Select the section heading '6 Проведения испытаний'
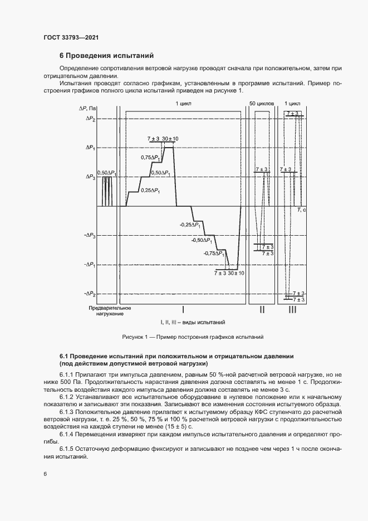click(x=106, y=56)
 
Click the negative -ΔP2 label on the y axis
click(x=89, y=293)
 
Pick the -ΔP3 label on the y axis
click(x=89, y=236)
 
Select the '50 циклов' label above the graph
click(x=261, y=104)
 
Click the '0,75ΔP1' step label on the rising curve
click(x=150, y=158)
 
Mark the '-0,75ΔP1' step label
click(x=214, y=253)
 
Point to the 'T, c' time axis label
click(x=301, y=210)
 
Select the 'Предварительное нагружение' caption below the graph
click(x=110, y=311)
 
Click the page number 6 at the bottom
click(x=45, y=474)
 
